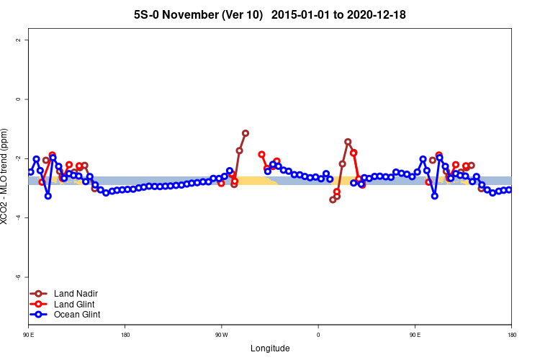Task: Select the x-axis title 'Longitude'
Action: click(270, 348)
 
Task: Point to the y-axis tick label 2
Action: click(17, 40)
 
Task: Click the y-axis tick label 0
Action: click(17, 99)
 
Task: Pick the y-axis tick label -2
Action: click(17, 158)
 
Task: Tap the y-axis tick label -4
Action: click(17, 217)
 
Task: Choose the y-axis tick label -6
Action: click(17, 276)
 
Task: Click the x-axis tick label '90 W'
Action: click(221, 335)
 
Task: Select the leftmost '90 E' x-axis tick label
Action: click(28, 335)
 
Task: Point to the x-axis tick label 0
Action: click(318, 335)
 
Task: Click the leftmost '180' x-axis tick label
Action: click(125, 335)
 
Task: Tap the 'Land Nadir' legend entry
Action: click(76, 294)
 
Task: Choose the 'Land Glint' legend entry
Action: click(75, 304)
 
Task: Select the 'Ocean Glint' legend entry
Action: click(77, 315)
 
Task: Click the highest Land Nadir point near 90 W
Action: click(246, 133)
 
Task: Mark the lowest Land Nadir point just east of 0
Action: click(333, 199)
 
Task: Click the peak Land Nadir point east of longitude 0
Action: click(348, 142)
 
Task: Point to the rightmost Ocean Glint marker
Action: click(509, 189)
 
